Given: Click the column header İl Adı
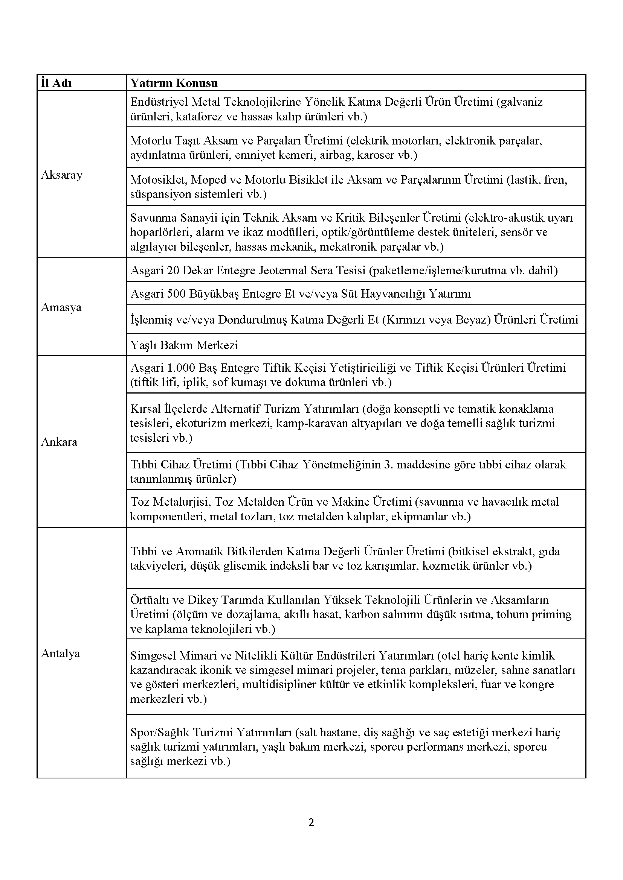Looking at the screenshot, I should pyautogui.click(x=56, y=83).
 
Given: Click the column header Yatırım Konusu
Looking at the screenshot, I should pyautogui.click(x=174, y=83).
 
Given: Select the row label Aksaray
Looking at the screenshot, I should pyautogui.click(x=62, y=175).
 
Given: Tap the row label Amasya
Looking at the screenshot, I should pyautogui.click(x=61, y=307).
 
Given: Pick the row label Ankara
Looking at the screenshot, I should pyautogui.click(x=59, y=442).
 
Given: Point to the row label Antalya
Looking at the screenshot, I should pyautogui.click(x=61, y=654).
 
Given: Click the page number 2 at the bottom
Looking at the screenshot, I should pyautogui.click(x=311, y=822).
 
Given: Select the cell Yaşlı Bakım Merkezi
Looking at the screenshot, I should pyautogui.click(x=184, y=345).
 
